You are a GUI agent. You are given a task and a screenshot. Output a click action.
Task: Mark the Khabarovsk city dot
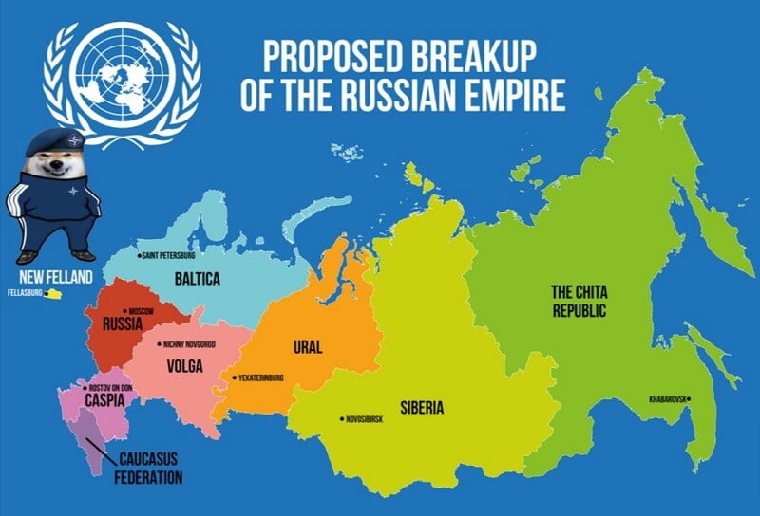(693, 398)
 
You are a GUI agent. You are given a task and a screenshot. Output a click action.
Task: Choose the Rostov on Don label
(112, 388)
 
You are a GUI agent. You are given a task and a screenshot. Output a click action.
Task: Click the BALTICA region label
(197, 279)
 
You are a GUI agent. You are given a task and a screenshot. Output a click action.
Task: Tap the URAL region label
(313, 346)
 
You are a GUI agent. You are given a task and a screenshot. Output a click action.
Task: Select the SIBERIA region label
(422, 409)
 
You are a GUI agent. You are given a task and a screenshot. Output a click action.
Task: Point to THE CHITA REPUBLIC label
(579, 301)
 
